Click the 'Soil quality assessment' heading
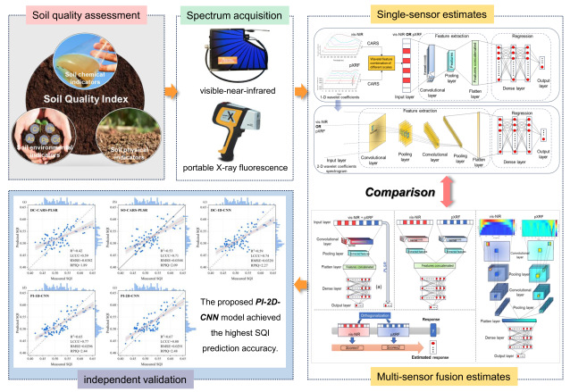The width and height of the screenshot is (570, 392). click(x=81, y=15)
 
